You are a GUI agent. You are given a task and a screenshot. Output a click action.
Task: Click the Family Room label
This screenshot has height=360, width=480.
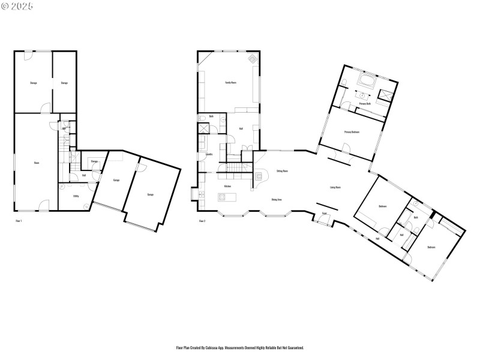pyautogui.click(x=230, y=82)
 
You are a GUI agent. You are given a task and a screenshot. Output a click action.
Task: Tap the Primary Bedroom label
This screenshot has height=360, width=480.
pyautogui.click(x=352, y=132)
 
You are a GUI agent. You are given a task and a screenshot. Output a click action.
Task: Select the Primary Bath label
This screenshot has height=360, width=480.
pyautogui.click(x=364, y=104)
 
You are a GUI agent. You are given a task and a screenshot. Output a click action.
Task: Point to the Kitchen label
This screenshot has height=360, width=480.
pyautogui.click(x=227, y=187)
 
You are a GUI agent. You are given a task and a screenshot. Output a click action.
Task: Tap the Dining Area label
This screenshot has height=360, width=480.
pyautogui.click(x=277, y=199)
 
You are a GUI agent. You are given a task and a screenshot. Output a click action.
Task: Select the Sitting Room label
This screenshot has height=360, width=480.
pyautogui.click(x=282, y=171)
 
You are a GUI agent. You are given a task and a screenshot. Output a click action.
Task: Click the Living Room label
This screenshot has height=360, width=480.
pyautogui.click(x=335, y=187)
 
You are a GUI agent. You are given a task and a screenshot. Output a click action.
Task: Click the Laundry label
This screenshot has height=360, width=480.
pyautogui.click(x=209, y=154)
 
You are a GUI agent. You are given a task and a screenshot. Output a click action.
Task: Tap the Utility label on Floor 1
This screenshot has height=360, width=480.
pyautogui.click(x=76, y=196)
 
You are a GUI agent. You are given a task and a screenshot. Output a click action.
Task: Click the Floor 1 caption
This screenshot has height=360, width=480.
pyautogui.click(x=18, y=221)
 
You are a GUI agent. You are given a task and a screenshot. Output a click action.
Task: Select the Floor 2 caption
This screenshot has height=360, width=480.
pyautogui.click(x=202, y=221)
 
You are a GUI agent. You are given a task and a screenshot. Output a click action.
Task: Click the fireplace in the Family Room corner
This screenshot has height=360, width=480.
pyautogui.click(x=253, y=59)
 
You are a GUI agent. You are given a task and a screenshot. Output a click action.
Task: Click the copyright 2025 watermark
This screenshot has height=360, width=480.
pyautogui.click(x=17, y=5)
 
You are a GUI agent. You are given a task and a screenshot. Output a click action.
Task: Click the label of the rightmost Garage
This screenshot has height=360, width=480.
pyautogui.click(x=150, y=195)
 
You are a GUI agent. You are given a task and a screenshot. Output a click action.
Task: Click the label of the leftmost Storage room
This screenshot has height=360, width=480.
pyautogui.click(x=34, y=83)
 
